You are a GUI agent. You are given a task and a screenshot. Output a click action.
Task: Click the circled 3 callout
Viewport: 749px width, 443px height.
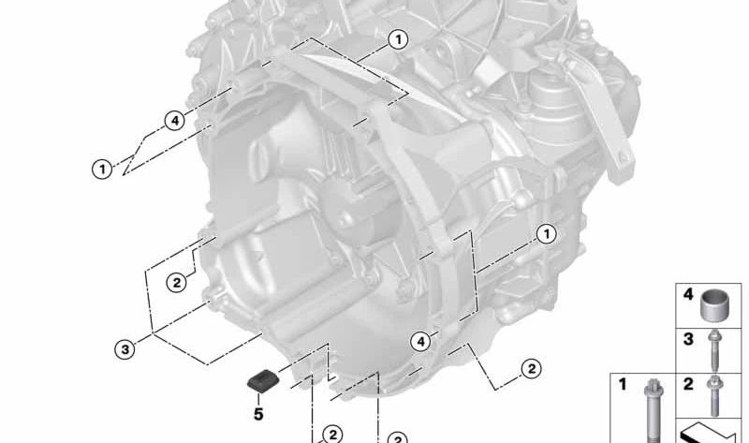[x=124, y=350]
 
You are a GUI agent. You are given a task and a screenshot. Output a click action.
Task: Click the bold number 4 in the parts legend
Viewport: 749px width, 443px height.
[x=687, y=294]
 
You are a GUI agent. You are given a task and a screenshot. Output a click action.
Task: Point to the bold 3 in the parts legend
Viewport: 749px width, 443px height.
[x=687, y=338]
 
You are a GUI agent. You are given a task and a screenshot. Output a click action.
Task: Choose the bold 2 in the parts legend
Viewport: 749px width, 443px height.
[x=687, y=382]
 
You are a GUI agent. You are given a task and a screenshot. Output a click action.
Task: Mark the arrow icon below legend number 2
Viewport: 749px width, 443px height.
[x=711, y=433]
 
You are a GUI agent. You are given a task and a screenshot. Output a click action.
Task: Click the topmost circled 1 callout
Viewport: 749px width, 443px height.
[x=398, y=39]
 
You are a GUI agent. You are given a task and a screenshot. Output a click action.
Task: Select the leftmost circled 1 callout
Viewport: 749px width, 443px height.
[x=99, y=169]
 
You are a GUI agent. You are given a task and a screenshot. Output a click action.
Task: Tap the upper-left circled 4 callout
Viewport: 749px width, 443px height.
[x=173, y=120]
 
